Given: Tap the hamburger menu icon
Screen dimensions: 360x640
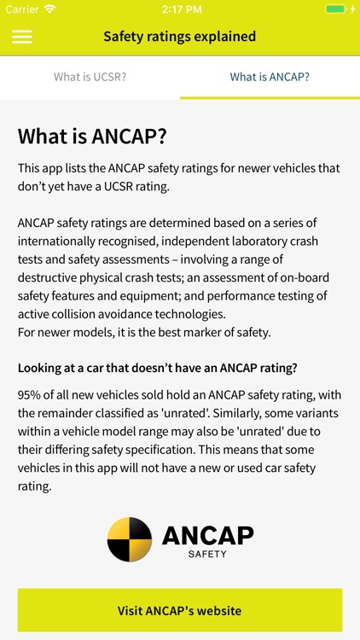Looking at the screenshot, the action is pos(22,37).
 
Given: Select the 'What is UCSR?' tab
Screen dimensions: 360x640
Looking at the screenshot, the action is pos(90,77).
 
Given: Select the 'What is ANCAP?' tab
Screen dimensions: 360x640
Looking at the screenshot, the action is pos(270,77).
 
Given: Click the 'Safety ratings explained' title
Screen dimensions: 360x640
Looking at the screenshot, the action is pos(179,37).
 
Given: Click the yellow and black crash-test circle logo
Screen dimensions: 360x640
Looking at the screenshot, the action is pos(130,539).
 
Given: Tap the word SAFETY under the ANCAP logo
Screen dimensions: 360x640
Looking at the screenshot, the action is pos(207,554).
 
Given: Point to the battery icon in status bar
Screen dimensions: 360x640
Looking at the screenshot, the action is pos(337,9).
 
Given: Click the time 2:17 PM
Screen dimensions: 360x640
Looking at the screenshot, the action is pos(179,9).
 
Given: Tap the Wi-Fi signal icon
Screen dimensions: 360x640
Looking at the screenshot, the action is pos(50,9).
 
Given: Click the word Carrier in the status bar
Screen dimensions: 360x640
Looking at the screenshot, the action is pos(22,9).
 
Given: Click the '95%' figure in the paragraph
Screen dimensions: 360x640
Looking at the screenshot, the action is pos(30,395).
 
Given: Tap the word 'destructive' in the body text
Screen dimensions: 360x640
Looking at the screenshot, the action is pos(49,277).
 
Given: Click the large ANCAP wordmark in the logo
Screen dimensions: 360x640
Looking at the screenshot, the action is pos(207,535).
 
